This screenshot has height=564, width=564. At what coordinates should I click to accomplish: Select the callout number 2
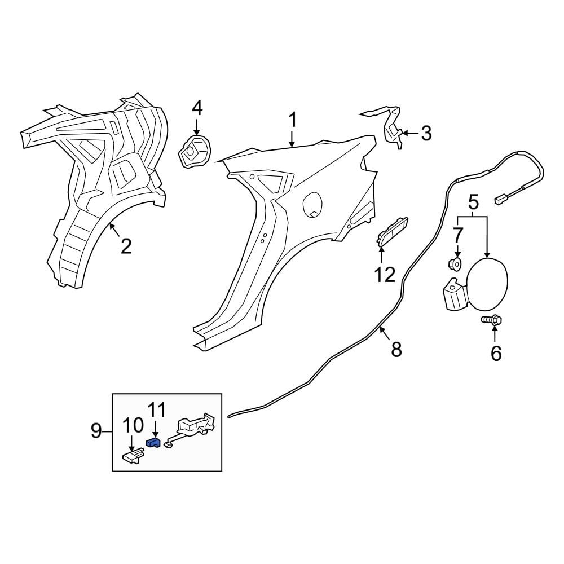point(126,246)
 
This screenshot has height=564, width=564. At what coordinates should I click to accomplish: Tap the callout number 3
point(426,133)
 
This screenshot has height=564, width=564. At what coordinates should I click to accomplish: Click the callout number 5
point(473,202)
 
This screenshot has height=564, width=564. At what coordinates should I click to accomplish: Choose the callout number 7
point(457,236)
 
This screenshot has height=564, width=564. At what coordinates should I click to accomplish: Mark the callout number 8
point(396,349)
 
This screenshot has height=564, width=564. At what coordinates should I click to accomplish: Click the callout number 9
point(96,430)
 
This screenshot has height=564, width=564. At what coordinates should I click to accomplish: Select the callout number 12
point(385,275)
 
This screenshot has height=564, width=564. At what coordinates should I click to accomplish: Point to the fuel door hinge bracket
point(455,293)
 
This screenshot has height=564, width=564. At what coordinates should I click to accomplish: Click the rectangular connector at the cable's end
point(501,199)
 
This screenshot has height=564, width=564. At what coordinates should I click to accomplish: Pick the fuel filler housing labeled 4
point(195,151)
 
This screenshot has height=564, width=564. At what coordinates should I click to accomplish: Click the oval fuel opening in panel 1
point(312,204)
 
